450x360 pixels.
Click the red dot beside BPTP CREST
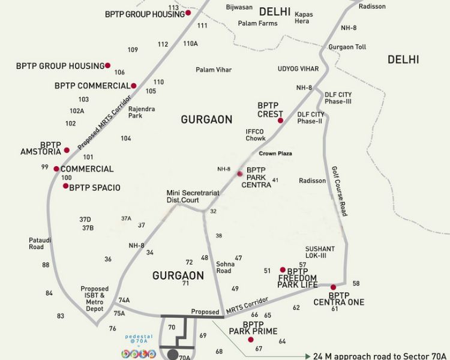click(x=280, y=121)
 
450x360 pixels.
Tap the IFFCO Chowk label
click(x=255, y=135)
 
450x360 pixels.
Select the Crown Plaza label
click(x=275, y=154)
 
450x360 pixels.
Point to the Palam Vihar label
click(x=214, y=70)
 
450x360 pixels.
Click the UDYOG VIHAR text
click(x=298, y=69)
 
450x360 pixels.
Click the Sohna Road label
click(x=224, y=268)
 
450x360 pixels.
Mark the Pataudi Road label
click(x=37, y=243)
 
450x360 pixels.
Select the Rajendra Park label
click(x=142, y=112)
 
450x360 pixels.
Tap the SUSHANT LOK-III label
click(x=320, y=252)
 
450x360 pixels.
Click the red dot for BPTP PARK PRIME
click(x=251, y=340)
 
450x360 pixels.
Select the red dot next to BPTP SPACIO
click(x=66, y=186)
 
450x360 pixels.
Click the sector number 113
click(x=173, y=8)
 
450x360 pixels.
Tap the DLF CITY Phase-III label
click(x=338, y=98)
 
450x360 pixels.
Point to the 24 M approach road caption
click(x=379, y=356)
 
